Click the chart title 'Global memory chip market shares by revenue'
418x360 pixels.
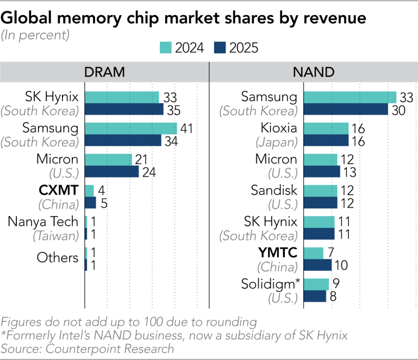pos(184,17)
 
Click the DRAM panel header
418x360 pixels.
pos(105,72)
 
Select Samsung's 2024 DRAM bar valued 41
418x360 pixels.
pos(131,128)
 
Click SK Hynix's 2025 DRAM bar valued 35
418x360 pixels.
pos(124,109)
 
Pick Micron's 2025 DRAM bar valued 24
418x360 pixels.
pos(112,172)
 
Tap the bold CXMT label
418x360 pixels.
pos(59,191)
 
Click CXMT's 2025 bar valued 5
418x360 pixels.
pos(91,203)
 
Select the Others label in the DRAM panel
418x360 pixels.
pos(58,257)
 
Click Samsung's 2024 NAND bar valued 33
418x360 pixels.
pos(350,97)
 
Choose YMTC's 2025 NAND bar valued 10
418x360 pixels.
pos(317,265)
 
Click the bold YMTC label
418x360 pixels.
pos(278,252)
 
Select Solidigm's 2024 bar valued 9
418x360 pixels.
pos(316,284)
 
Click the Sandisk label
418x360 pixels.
pos(274,191)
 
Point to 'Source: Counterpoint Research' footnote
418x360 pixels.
pos(88,348)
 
